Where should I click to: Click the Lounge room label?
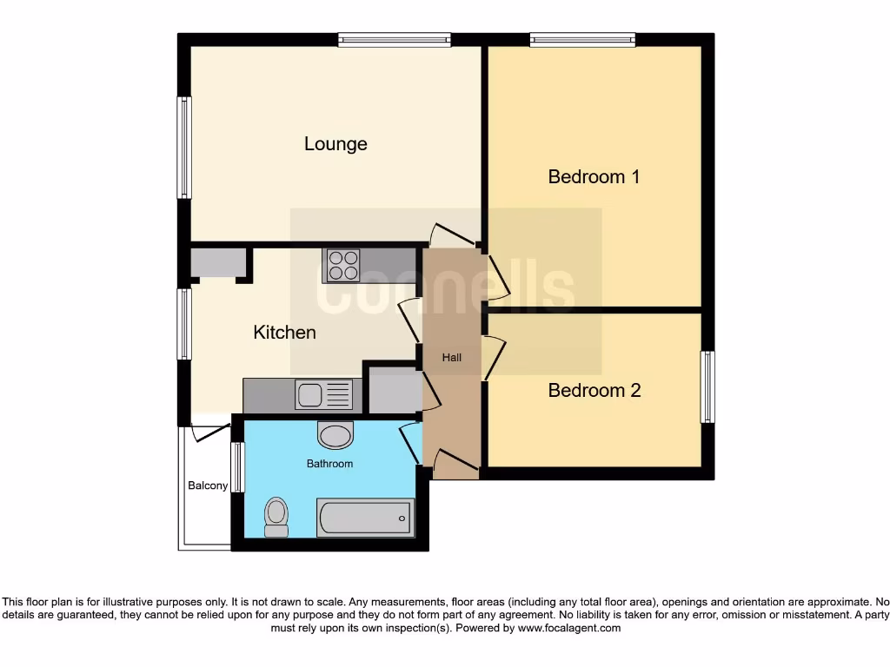pos(335,144)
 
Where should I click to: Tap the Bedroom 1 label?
pos(594,177)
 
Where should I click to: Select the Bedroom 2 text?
pos(594,391)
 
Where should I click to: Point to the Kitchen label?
pos(284,333)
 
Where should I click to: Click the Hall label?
pos(452,358)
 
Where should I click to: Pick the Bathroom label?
pos(329,464)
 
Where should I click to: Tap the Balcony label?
pos(208,485)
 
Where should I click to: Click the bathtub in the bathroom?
pos(365,518)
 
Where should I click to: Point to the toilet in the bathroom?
pos(276,518)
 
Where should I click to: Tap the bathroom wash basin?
pos(335,434)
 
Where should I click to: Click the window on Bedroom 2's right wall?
pos(707,387)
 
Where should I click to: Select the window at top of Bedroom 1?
pos(582,39)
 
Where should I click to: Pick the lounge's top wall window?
pos(395,39)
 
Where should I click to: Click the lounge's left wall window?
pos(183,148)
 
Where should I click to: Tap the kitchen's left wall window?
pos(183,324)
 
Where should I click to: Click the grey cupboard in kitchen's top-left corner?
pos(217,263)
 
